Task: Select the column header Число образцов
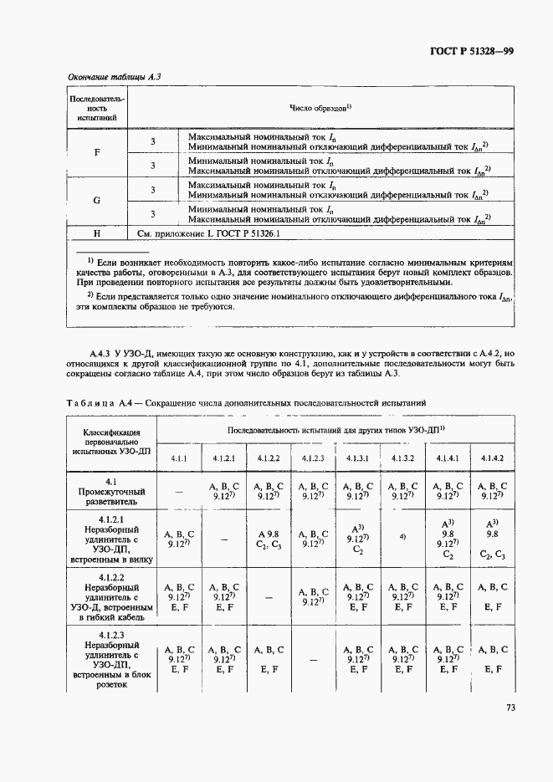point(320,107)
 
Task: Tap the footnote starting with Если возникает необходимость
point(293,273)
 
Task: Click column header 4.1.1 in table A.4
point(180,457)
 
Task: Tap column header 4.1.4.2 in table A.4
point(492,457)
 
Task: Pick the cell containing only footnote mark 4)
point(402,536)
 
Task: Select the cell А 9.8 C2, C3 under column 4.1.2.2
point(268,539)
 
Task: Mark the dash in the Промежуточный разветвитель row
point(180,493)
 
